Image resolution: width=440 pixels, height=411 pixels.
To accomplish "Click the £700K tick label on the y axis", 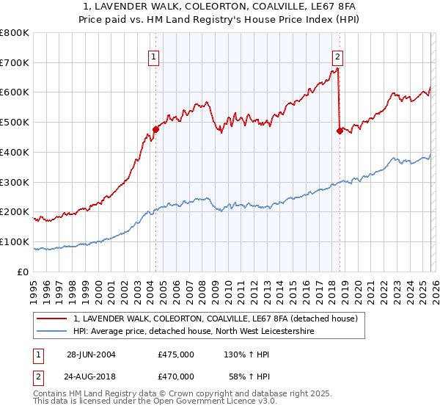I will click(x=15, y=63).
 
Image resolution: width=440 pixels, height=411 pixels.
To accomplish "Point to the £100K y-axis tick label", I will click(x=15, y=241).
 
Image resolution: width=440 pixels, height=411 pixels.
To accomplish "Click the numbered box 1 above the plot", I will click(x=155, y=57).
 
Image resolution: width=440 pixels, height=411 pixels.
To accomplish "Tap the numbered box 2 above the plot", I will click(x=337, y=57).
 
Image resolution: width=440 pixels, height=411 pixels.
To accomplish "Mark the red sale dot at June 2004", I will click(x=155, y=130).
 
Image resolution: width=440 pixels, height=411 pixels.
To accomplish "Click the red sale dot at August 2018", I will click(x=339, y=131).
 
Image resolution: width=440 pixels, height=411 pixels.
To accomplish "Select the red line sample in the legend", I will click(x=51, y=319).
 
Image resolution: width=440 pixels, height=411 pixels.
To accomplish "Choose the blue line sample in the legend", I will click(x=51, y=331).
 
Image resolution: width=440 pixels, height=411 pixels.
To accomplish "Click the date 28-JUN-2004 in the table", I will click(x=91, y=354).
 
